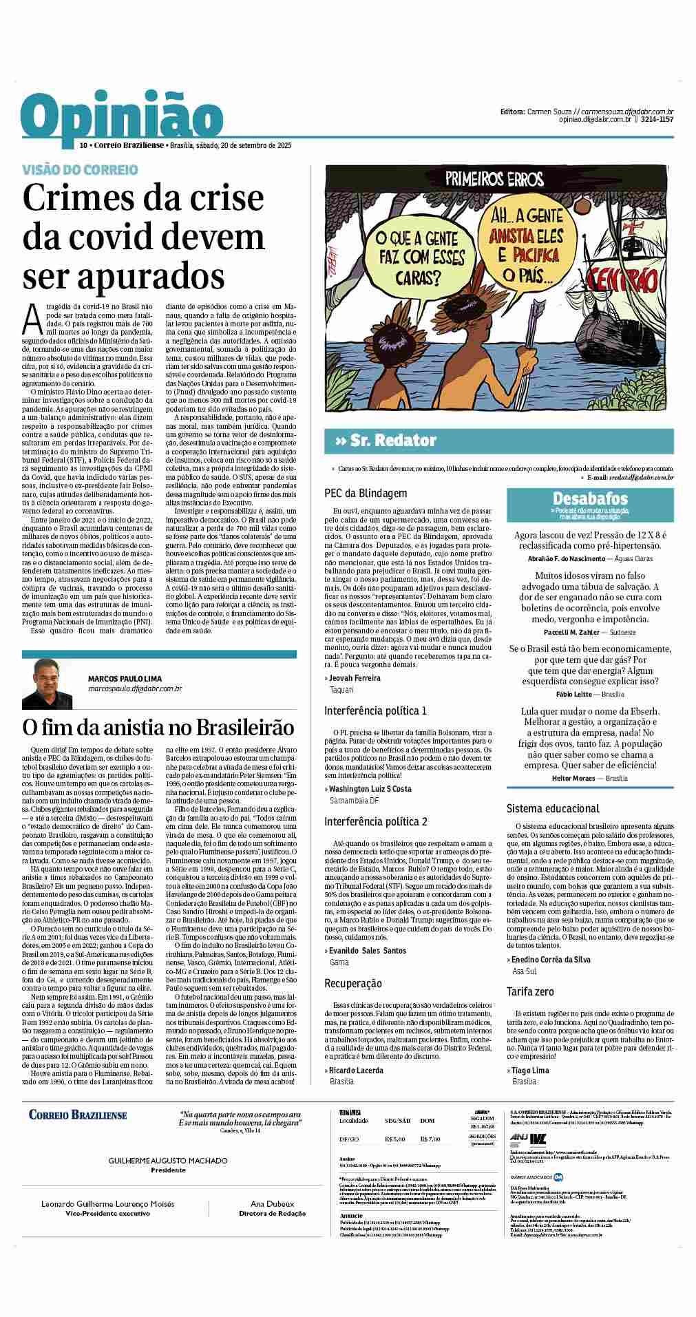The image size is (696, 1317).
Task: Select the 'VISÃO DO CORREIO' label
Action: (x=80, y=169)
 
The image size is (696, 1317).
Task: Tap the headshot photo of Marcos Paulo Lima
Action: (x=47, y=683)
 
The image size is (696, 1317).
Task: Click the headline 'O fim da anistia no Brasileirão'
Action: (x=158, y=727)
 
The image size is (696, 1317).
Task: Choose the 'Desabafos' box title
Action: (x=590, y=498)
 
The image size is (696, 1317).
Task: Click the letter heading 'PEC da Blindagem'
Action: (x=366, y=493)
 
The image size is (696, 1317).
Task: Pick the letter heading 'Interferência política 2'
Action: (x=376, y=821)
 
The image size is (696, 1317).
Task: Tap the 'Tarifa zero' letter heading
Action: (x=530, y=991)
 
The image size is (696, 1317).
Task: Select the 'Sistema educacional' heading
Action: (x=553, y=808)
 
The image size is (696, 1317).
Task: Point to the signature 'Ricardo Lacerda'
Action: (x=356, y=1070)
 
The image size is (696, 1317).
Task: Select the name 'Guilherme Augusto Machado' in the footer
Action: (x=168, y=1160)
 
